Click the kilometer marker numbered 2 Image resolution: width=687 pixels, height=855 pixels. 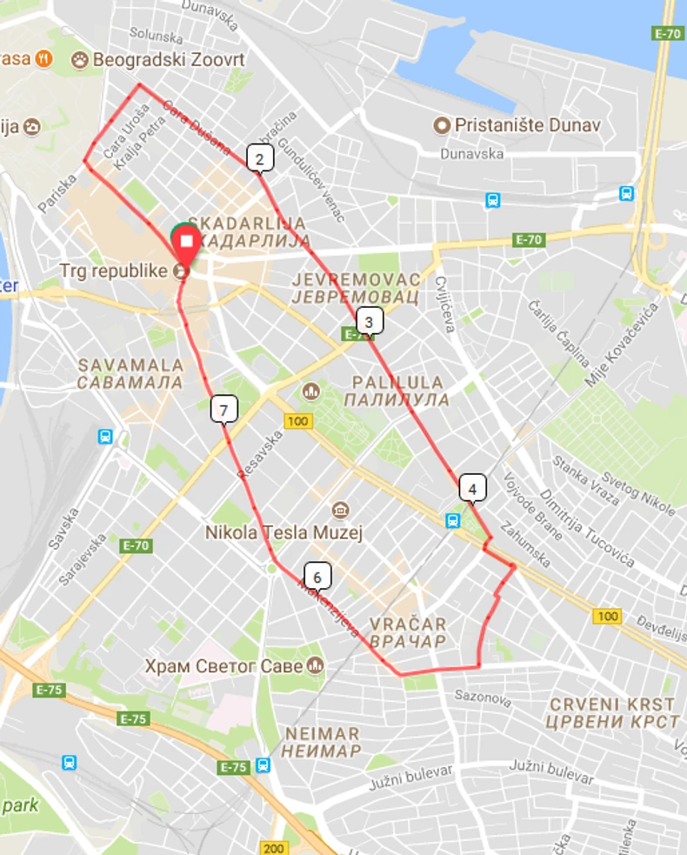(259, 158)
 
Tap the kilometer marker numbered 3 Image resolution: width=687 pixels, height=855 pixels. (369, 322)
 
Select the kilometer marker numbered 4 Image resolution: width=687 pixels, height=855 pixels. (472, 488)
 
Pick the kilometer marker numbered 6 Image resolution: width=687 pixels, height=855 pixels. (317, 576)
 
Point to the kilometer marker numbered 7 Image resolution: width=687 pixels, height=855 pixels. (223, 409)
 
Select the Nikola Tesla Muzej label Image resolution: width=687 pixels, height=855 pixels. (283, 532)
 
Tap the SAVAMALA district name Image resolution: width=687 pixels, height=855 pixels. (130, 364)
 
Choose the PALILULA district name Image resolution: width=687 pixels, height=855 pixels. (397, 382)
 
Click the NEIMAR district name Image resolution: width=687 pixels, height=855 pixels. (322, 733)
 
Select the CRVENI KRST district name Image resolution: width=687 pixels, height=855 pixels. (612, 704)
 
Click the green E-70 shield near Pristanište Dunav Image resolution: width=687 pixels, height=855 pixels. (667, 33)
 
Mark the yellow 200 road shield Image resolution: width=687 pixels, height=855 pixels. (274, 848)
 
